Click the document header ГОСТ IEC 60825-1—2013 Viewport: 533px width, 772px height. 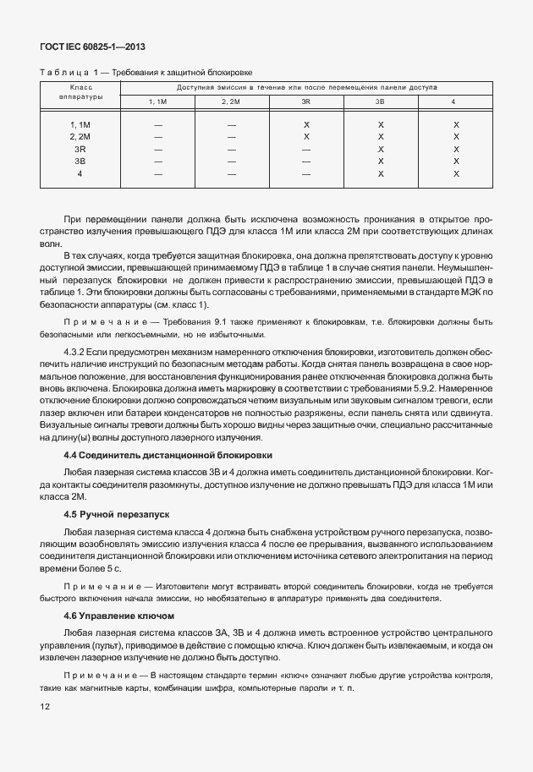coord(87,47)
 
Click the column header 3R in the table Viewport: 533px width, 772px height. coord(306,101)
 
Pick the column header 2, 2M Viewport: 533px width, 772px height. coord(231,101)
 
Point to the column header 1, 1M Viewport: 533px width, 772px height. coord(158,101)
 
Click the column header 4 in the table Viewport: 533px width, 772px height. coord(453,101)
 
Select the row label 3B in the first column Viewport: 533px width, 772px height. coord(80,161)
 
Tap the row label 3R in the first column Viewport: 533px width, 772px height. coord(80,149)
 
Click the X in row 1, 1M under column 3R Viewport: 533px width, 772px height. coord(306,124)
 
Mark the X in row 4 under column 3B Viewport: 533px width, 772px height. coord(381,173)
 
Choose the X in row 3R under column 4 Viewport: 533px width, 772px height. coord(456,149)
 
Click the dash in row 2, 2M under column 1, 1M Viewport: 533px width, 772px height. coord(158,137)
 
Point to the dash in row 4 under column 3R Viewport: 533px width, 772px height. coord(306,173)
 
